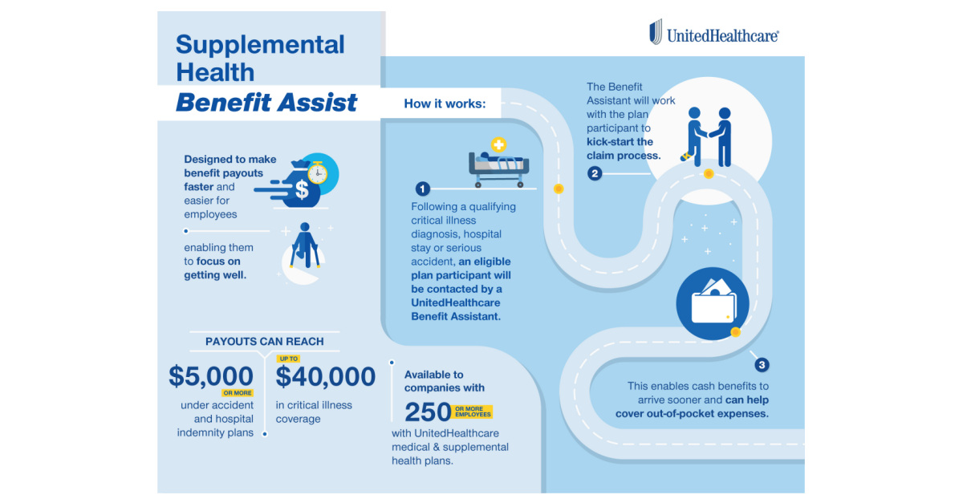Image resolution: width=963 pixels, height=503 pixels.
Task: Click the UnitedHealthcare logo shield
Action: click(x=656, y=33)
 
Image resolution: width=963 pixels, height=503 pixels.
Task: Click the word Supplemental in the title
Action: click(x=260, y=44)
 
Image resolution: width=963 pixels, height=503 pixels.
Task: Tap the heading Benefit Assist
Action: click(x=266, y=103)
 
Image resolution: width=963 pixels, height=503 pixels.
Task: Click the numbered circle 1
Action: click(x=422, y=189)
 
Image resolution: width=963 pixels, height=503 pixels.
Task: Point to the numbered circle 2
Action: click(x=594, y=172)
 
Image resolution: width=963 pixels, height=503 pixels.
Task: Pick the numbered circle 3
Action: click(x=762, y=365)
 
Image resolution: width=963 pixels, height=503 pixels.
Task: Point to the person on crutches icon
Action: click(x=305, y=247)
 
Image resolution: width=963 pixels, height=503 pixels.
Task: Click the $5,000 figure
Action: click(x=211, y=376)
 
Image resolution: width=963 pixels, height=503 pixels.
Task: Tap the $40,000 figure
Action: click(x=326, y=376)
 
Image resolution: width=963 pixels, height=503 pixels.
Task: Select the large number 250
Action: click(x=427, y=412)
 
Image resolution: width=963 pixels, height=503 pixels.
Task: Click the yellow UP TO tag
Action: click(x=287, y=359)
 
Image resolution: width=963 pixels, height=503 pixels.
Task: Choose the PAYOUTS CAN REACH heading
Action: click(x=265, y=341)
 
